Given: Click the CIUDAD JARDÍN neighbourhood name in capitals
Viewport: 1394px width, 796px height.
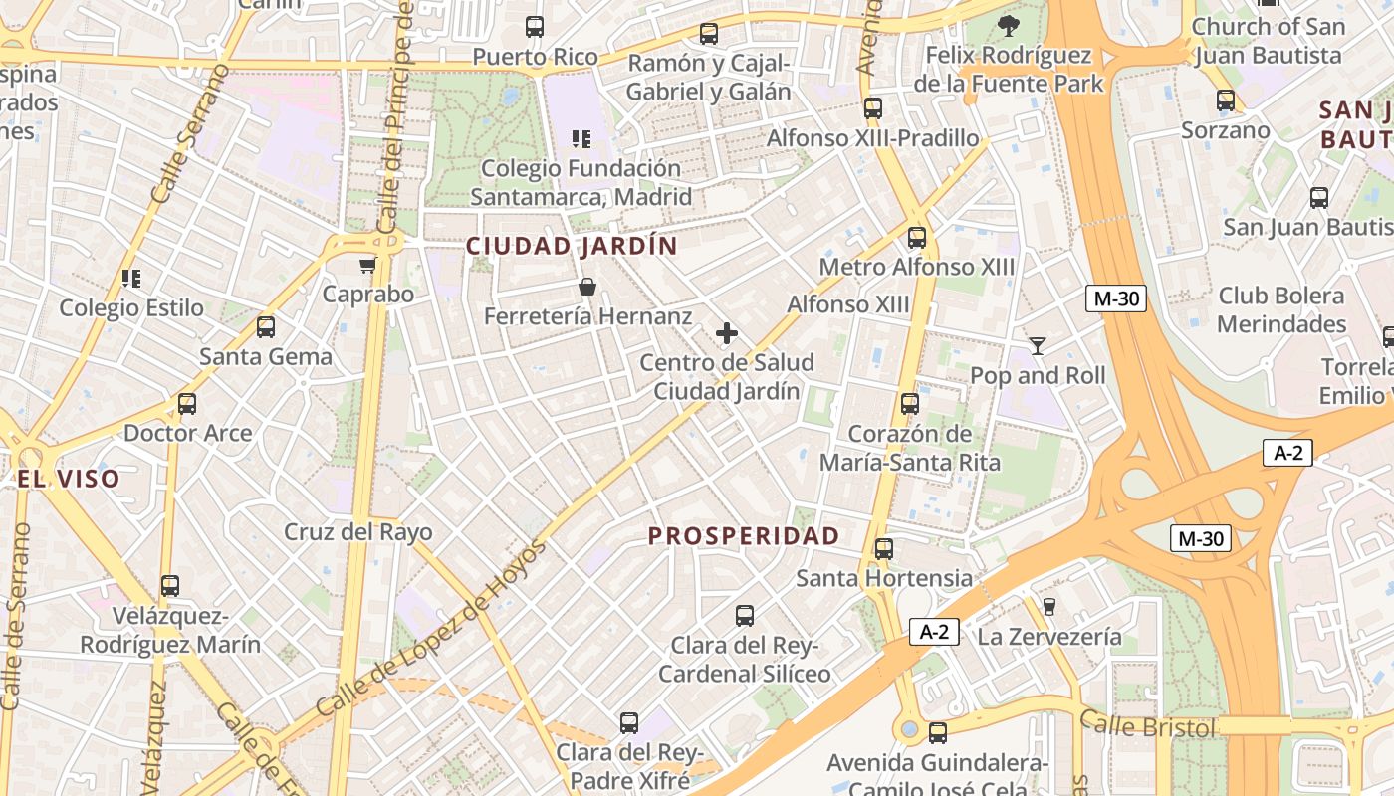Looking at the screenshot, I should click(x=572, y=246).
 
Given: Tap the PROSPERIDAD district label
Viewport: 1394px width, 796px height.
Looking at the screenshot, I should click(x=744, y=536).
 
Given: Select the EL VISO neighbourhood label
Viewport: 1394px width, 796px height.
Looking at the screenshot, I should click(x=68, y=479).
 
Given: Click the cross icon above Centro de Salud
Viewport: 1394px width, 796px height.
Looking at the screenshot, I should click(x=727, y=333).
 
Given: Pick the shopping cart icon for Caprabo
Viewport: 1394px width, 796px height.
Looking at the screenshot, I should click(x=367, y=265).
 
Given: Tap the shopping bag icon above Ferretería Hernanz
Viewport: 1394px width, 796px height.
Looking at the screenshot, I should click(x=587, y=288).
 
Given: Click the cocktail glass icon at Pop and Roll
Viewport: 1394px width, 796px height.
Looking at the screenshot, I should click(x=1038, y=346).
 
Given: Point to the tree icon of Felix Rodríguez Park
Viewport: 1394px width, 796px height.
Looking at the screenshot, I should click(x=1009, y=26).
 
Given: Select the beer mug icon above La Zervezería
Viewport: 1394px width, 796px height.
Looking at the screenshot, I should click(x=1048, y=607).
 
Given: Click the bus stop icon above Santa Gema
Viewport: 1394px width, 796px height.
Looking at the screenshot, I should click(x=266, y=327).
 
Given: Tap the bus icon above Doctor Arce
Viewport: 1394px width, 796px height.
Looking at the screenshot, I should click(x=187, y=404).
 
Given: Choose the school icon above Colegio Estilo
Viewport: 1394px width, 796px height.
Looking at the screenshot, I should click(x=131, y=279).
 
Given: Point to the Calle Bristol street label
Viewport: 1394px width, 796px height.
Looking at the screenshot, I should click(x=1147, y=726).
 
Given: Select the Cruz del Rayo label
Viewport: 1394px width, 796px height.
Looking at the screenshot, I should click(x=358, y=532).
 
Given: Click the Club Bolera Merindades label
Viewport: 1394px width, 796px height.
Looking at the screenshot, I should click(x=1281, y=310).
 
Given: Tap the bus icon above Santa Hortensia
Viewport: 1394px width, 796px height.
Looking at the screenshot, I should click(x=883, y=549).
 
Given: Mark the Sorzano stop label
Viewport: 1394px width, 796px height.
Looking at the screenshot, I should click(x=1226, y=130).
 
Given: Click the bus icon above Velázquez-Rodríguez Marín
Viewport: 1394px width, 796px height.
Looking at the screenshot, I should click(x=170, y=586).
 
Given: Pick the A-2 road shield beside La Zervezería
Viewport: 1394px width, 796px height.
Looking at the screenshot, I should click(x=934, y=632).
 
